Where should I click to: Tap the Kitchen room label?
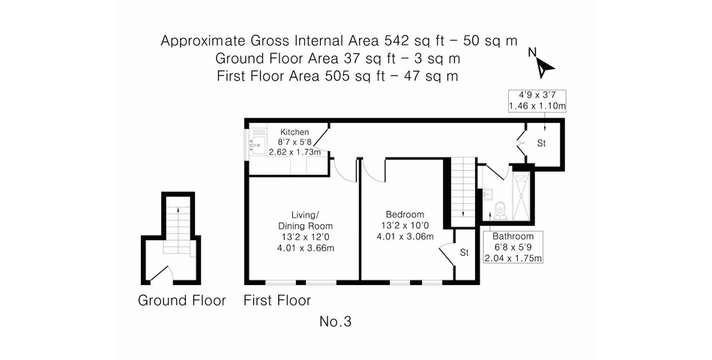295,132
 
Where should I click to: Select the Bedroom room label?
405,214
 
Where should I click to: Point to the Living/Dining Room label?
305,220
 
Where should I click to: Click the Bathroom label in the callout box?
513,236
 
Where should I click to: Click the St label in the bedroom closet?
464,253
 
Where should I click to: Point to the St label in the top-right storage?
541,143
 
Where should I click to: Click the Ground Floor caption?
181,301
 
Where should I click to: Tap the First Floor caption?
277,301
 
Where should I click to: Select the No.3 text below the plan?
336,322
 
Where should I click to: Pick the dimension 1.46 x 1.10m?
537,106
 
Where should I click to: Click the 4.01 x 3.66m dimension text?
305,247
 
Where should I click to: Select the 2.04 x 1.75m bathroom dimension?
513,258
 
